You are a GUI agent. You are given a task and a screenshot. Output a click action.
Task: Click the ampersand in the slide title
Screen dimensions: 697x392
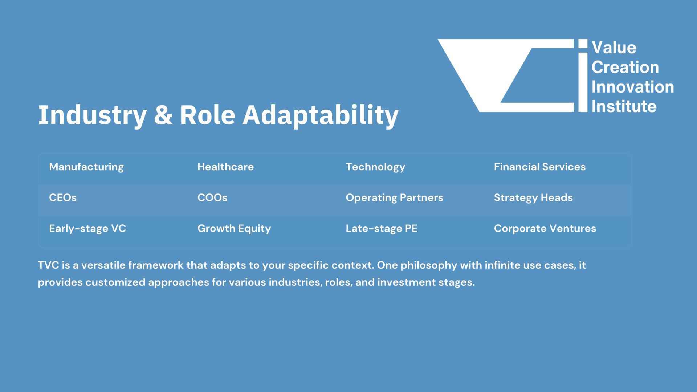pos(163,115)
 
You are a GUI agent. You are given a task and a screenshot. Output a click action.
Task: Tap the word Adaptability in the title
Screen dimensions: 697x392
pos(321,116)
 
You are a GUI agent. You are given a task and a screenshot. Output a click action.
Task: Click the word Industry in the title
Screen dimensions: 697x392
pos(93,116)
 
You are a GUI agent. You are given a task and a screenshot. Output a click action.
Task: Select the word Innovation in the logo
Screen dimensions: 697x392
pos(633,87)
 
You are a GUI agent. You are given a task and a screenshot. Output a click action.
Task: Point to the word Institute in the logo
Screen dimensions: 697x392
pos(624,106)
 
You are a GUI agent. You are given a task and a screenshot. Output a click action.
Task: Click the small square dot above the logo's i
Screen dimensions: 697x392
pos(583,44)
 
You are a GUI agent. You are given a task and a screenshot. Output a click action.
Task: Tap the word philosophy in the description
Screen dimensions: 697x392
pos(429,266)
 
